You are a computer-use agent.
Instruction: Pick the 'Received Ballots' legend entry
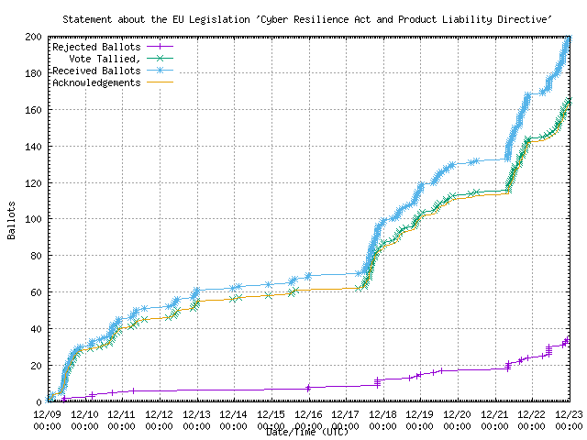[x=96, y=71]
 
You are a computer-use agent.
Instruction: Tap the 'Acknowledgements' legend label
[x=96, y=82]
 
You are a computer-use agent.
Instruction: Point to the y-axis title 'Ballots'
[x=11, y=220]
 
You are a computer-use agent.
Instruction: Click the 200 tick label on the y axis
[x=33, y=37]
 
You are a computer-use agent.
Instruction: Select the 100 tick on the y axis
[x=33, y=219]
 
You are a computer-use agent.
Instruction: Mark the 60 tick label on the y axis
[x=36, y=292]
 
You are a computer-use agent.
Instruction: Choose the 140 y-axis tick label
[x=33, y=147]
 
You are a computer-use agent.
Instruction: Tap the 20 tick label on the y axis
[x=36, y=366]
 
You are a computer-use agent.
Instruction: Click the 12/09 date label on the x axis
[x=47, y=414]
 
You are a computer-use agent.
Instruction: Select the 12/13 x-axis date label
[x=196, y=414]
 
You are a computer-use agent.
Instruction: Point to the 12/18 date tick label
[x=383, y=414]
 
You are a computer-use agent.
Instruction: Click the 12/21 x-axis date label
[x=495, y=414]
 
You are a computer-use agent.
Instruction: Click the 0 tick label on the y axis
[x=39, y=402]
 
